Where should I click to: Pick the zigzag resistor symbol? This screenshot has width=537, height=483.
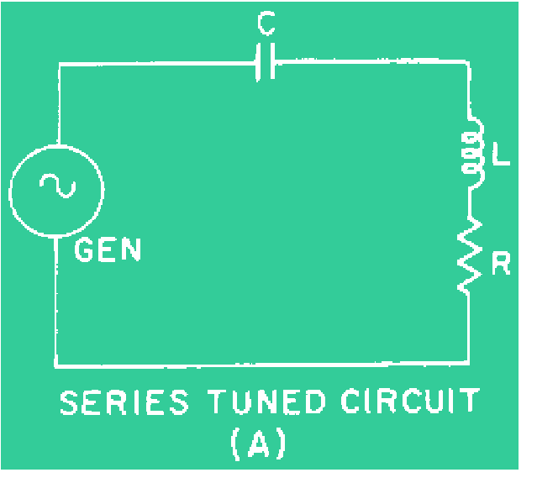point(468,254)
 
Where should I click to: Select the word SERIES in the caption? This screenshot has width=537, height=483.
point(124,404)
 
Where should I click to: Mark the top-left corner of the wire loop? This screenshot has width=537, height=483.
point(58,63)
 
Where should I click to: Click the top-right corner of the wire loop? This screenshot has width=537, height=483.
point(468,62)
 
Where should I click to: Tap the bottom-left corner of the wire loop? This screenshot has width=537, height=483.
point(56,365)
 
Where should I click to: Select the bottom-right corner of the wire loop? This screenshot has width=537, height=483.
point(468,364)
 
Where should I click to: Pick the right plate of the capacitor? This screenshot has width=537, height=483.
point(273,63)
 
